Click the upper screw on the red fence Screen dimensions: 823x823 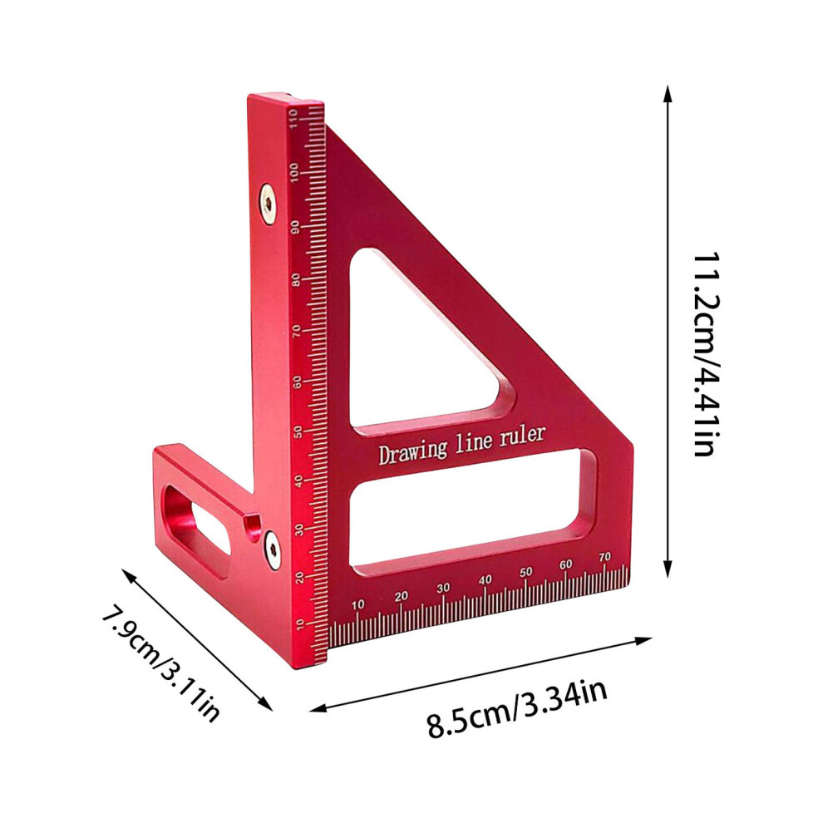268,204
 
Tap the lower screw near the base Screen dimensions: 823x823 272,549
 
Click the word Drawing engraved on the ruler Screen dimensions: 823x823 413,452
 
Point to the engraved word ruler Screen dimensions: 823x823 522,435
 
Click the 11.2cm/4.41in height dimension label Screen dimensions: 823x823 706,355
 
